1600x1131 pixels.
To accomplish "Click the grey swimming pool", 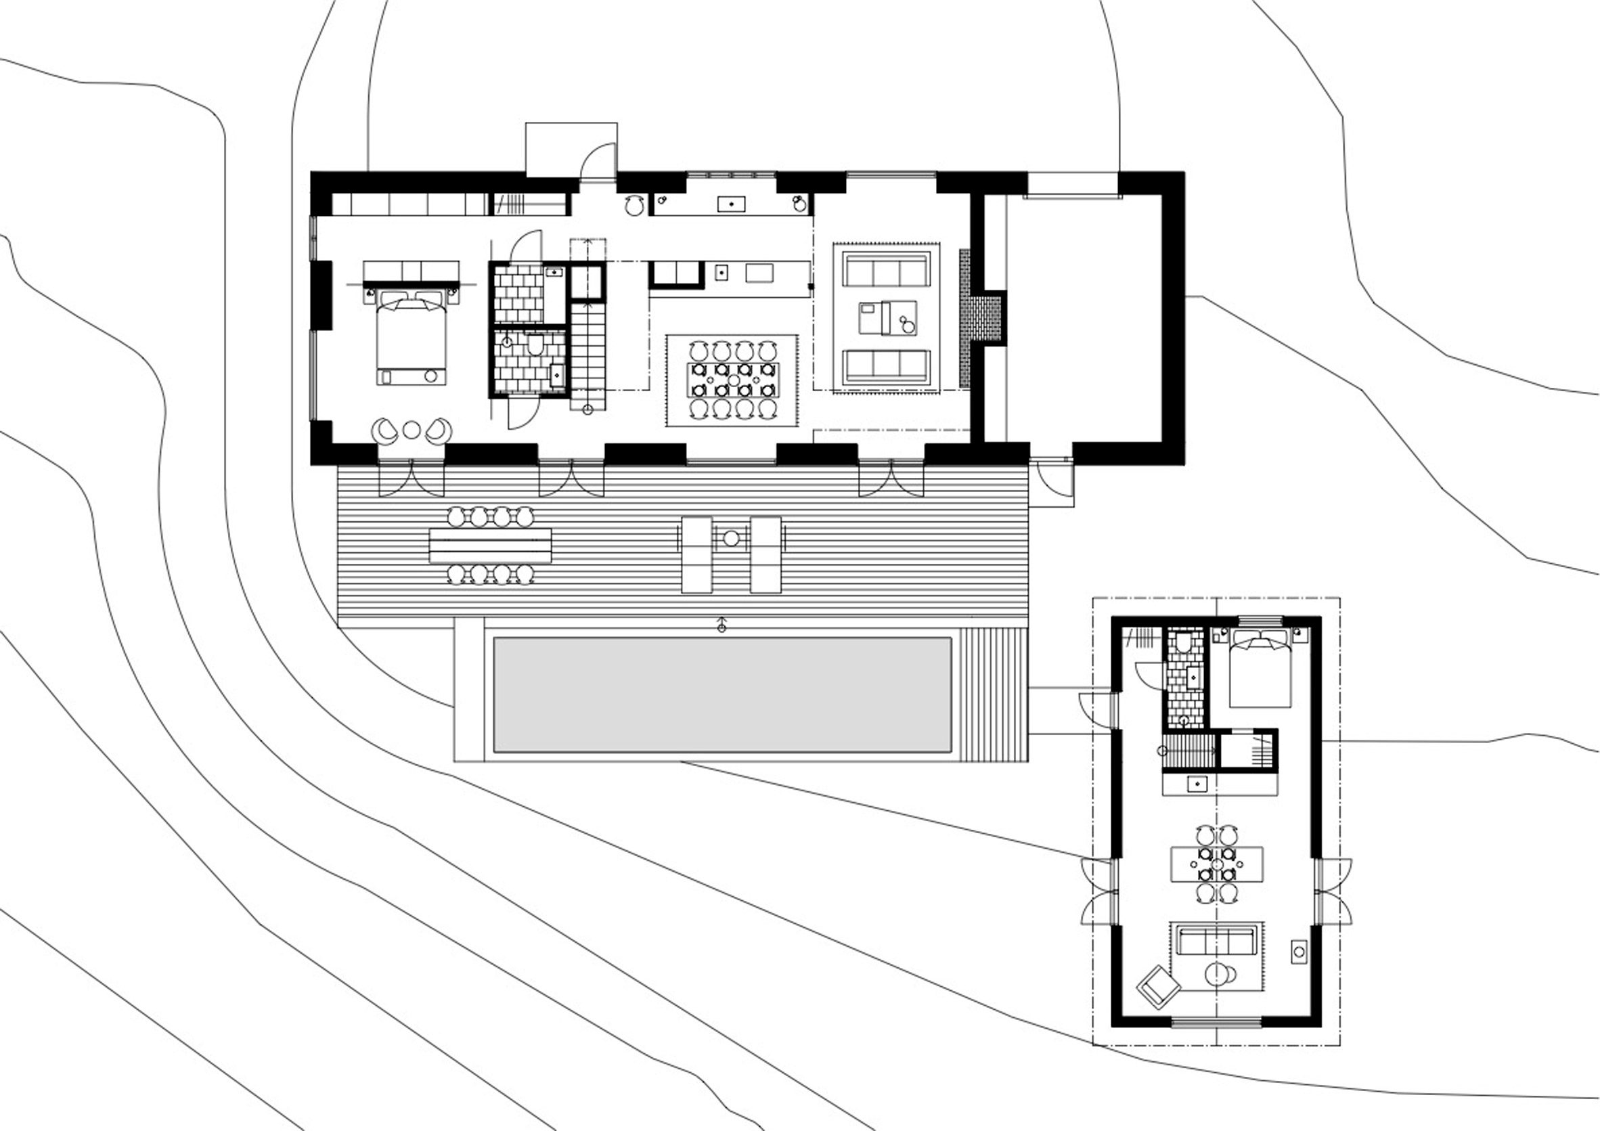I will (x=722, y=694).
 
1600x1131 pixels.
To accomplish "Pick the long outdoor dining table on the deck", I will (x=491, y=546).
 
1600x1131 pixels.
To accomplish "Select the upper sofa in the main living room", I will (x=887, y=269).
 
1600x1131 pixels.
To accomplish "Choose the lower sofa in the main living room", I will (x=887, y=366).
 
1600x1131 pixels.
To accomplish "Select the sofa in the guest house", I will (x=1216, y=941).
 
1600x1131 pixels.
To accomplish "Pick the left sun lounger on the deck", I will (x=697, y=554).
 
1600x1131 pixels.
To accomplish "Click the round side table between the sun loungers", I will (x=731, y=538).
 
